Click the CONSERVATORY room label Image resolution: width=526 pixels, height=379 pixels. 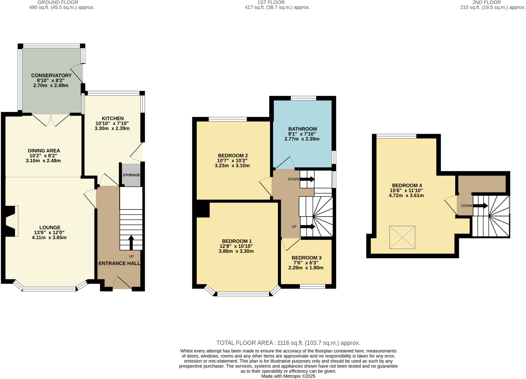coord(51,75)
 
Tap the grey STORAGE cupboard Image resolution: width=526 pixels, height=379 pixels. coord(131,175)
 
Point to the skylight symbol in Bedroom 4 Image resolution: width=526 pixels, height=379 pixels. coord(402,237)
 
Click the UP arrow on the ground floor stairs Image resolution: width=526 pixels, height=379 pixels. coord(131,242)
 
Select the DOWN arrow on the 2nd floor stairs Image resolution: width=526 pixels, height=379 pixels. coord(480,206)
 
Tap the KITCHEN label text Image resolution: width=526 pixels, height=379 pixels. coord(113,118)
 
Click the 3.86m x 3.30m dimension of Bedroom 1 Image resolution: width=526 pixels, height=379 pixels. coord(236,251)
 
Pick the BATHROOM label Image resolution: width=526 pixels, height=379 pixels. coord(302,129)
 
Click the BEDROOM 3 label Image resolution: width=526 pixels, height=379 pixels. coord(306,258)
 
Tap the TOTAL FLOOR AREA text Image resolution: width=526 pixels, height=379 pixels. coord(288,343)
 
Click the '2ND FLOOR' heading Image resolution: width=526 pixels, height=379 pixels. coord(486,2)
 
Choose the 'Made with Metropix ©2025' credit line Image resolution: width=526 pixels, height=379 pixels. coord(288,376)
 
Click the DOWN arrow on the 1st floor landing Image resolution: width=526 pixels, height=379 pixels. coord(307,179)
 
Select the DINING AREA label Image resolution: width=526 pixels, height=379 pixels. coord(44,151)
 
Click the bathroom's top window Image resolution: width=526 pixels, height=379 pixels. coord(303,98)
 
